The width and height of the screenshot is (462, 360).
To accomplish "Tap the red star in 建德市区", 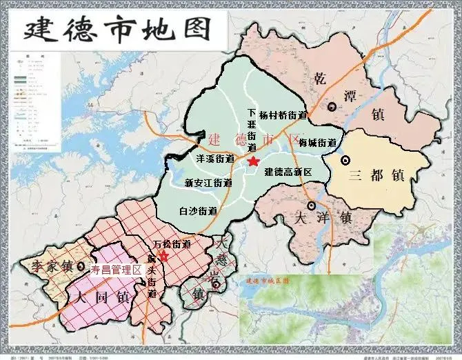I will point(253,161).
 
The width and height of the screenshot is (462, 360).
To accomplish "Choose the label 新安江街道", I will point(208,183).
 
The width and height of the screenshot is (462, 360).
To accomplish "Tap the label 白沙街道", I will point(197,211).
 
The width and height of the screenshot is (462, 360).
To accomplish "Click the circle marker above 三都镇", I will point(345,160).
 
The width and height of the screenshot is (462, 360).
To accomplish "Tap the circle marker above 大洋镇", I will point(312,206).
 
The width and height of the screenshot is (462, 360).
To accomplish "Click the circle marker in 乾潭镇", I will point(332,106).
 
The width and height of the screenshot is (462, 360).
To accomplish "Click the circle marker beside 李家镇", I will point(82,266).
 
